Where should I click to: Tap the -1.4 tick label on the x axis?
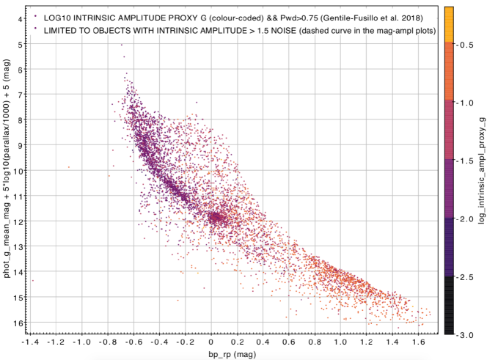pyautogui.click(x=30, y=341)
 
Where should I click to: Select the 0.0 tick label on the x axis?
pyautogui.click(x=211, y=341)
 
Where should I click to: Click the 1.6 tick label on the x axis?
pyautogui.click(x=418, y=341)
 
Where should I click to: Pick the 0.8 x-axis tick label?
pyautogui.click(x=315, y=341)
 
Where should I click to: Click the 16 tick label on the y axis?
pyautogui.click(x=15, y=323)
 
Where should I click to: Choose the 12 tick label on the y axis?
pyautogui.click(x=15, y=221)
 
